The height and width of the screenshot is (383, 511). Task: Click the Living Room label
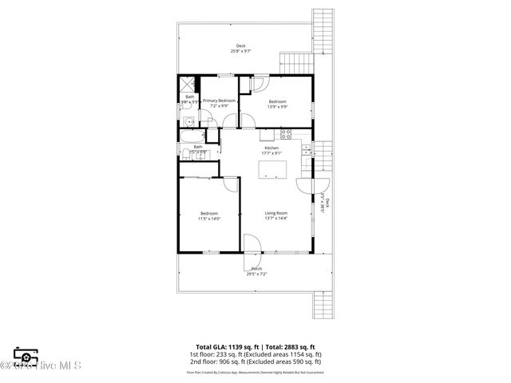(x=276, y=214)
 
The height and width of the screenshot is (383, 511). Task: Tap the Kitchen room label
(x=272, y=148)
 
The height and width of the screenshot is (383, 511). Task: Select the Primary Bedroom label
(x=219, y=101)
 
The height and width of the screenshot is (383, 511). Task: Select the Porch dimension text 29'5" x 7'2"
(x=256, y=274)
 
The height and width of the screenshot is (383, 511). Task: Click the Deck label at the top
(x=241, y=45)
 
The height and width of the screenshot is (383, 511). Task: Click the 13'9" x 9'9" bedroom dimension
(x=277, y=106)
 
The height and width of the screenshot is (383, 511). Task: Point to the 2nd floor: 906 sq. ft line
(x=256, y=361)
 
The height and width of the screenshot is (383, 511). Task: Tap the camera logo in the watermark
(x=26, y=357)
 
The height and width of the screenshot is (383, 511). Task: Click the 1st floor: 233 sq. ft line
(x=256, y=354)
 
